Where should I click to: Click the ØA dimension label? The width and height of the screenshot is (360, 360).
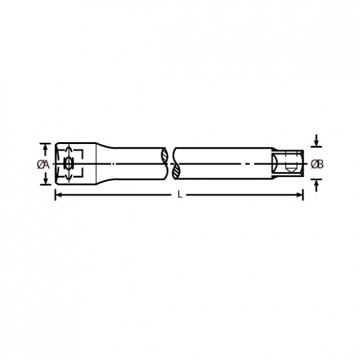pyautogui.click(x=43, y=164)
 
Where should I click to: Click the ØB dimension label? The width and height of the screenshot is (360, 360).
pyautogui.click(x=317, y=164)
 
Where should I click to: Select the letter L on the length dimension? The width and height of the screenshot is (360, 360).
pyautogui.click(x=180, y=195)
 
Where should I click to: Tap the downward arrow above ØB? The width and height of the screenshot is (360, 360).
pyautogui.click(x=317, y=140)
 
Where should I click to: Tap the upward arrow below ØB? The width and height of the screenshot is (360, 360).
pyautogui.click(x=317, y=185)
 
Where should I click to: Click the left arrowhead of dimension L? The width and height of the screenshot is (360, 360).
pyautogui.click(x=59, y=195)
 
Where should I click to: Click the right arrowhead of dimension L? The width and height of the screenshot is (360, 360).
pyautogui.click(x=299, y=195)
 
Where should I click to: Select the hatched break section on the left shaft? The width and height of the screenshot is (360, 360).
pyautogui.click(x=164, y=155)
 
